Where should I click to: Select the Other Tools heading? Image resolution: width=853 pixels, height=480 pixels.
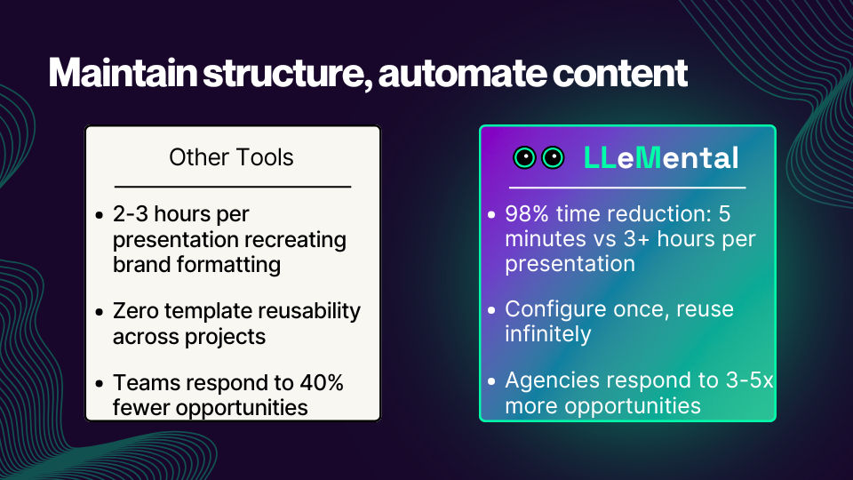tap(231, 157)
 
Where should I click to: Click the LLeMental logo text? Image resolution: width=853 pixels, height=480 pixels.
tap(661, 157)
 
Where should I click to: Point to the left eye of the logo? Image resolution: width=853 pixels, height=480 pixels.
tap(526, 157)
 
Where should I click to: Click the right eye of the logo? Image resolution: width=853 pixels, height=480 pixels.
tap(553, 157)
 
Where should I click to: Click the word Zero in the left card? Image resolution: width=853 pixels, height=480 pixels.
tap(136, 311)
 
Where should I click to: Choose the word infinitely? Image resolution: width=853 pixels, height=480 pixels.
tap(548, 333)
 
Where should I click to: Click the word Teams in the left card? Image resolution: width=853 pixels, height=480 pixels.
tap(142, 383)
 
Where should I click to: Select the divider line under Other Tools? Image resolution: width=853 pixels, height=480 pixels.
tap(232, 188)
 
